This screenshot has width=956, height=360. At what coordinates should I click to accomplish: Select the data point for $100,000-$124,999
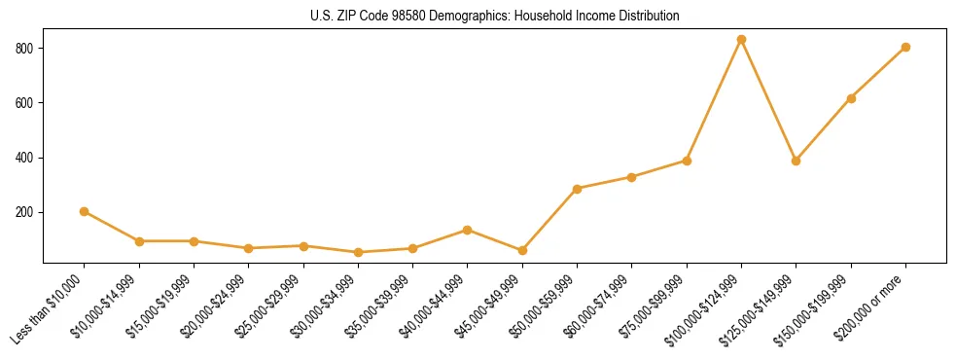click(x=741, y=40)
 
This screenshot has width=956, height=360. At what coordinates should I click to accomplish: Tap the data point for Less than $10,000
click(x=85, y=211)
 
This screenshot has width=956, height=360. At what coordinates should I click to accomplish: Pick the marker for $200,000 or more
click(x=905, y=47)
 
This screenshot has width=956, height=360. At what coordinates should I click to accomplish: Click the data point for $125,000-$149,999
click(x=796, y=161)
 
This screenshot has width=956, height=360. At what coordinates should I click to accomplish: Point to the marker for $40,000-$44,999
click(x=468, y=230)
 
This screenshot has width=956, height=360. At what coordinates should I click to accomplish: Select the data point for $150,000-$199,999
click(x=851, y=98)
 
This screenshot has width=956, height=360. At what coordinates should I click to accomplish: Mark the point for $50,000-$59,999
click(x=577, y=189)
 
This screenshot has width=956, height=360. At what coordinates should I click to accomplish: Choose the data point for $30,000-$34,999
click(x=358, y=252)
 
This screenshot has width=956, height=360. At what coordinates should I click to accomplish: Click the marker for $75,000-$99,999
click(x=687, y=161)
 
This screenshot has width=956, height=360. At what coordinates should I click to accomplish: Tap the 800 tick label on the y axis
click(x=25, y=49)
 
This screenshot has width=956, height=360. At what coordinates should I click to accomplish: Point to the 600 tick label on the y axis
click(x=25, y=103)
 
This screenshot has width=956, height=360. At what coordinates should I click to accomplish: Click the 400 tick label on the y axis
click(x=25, y=158)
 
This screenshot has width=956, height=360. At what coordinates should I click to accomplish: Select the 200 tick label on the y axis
click(x=25, y=212)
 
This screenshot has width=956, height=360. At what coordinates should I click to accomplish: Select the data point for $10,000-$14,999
click(x=139, y=241)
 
